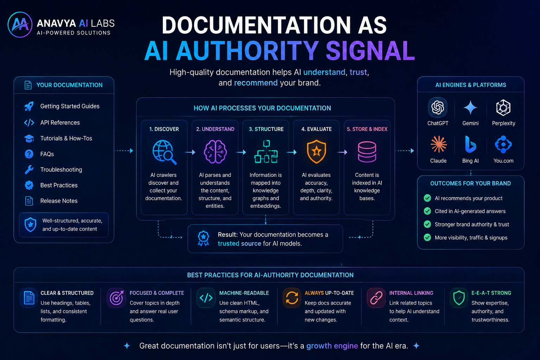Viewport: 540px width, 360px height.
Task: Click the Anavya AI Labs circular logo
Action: tap(20, 25)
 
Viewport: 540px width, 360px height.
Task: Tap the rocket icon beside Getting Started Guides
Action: tap(29, 106)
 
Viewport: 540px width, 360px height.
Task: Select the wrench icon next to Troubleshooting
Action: tap(29, 170)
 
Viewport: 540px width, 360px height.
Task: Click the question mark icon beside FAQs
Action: tap(29, 154)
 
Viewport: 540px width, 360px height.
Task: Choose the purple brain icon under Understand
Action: tap(215, 152)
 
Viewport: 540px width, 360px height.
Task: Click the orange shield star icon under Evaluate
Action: tap(316, 152)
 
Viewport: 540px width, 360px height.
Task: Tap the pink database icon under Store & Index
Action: tap(367, 152)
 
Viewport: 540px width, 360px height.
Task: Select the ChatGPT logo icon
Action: tap(438, 107)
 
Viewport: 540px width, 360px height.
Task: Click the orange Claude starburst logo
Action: tap(438, 144)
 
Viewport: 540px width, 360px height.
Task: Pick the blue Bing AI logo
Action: tap(470, 144)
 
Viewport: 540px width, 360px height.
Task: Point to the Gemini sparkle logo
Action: tap(470, 108)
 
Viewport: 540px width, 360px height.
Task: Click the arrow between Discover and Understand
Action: tap(190, 152)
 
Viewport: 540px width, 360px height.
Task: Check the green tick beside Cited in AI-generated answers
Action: tap(427, 211)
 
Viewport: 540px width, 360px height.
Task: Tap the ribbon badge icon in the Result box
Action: tap(203, 238)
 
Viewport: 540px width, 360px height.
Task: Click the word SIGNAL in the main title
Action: tap(370, 51)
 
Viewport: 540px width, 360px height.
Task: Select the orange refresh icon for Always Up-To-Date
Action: tap(292, 298)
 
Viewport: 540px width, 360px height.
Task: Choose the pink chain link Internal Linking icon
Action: tap(376, 298)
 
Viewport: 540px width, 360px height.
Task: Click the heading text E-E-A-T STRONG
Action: tap(491, 293)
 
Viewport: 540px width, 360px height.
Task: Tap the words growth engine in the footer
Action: tap(332, 346)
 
